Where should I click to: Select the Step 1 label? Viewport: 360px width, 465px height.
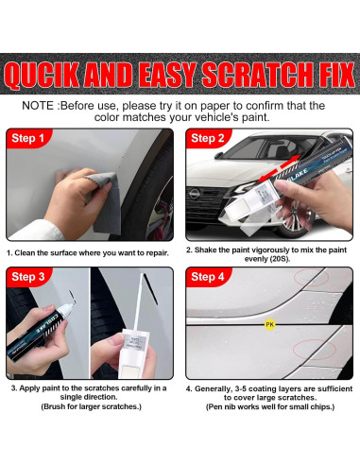27,138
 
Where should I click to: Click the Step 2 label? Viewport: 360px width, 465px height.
207,138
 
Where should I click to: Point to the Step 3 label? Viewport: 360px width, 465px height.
27,277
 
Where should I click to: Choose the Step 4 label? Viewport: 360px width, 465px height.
207,277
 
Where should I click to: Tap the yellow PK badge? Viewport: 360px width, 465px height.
269,324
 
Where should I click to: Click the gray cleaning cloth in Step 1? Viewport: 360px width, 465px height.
105,201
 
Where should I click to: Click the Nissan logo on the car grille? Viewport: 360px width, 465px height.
194,194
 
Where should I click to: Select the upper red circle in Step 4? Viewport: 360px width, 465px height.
312,277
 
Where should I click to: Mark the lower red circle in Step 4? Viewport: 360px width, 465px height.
315,350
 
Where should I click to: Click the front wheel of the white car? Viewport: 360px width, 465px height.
292,220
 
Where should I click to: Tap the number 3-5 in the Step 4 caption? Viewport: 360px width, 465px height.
241,388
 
